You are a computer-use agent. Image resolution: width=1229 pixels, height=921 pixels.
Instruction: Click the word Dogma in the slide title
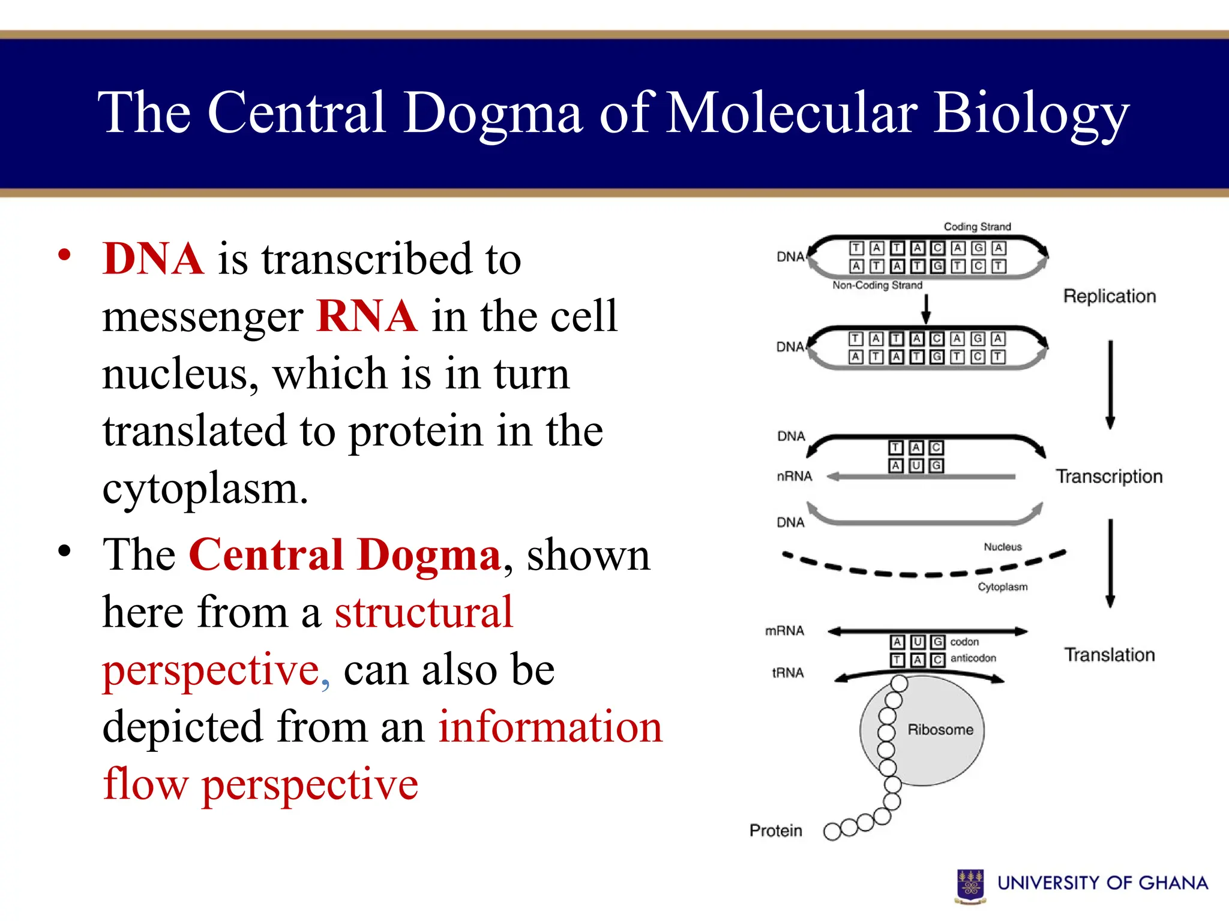[492, 114]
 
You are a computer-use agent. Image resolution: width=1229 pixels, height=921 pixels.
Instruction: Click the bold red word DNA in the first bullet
[153, 259]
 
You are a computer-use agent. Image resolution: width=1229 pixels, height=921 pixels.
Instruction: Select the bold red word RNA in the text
[367, 316]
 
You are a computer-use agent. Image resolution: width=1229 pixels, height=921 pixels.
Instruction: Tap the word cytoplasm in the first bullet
[205, 489]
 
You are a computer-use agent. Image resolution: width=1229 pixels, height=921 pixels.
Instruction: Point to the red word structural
[424, 612]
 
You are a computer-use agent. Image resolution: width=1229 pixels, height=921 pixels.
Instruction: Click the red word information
[550, 727]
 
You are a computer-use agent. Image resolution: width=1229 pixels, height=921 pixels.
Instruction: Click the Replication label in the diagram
[1110, 296]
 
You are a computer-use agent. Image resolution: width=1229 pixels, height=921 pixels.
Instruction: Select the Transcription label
[1109, 477]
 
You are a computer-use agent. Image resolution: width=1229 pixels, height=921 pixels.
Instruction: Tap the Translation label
[1110, 655]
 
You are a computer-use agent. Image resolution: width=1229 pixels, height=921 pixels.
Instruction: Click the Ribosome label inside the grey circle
[940, 730]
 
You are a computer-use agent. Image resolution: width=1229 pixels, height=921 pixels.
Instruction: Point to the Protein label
[776, 830]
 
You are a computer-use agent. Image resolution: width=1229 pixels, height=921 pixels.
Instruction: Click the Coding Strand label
[977, 227]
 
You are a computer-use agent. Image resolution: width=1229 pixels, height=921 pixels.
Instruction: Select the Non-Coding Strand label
[877, 285]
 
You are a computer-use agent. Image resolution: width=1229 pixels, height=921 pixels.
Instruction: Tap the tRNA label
[788, 673]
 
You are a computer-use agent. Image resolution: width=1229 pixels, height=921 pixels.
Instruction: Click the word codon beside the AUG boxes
[964, 642]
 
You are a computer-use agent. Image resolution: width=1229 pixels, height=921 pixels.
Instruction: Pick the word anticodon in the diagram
[973, 658]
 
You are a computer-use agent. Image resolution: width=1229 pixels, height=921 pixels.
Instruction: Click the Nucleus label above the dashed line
[1002, 547]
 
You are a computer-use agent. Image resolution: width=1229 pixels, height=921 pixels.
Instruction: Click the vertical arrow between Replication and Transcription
[1110, 384]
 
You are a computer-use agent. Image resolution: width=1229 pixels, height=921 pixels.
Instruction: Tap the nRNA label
[794, 477]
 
